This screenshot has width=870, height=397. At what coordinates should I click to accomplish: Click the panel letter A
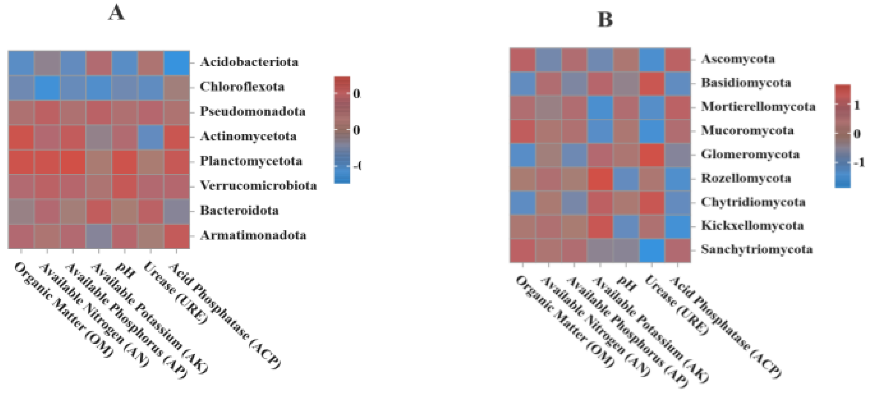(116, 13)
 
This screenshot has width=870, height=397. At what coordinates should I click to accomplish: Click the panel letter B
(605, 19)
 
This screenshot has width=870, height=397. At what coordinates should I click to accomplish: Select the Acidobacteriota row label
(249, 62)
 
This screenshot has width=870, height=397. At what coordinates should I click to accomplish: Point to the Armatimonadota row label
(253, 235)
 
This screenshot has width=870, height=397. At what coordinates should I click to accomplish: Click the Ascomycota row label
(737, 59)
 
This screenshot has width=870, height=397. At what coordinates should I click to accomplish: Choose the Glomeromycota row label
(750, 154)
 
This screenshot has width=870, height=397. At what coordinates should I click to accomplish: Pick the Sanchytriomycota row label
(756, 249)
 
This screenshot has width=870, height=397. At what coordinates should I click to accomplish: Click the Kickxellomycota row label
(752, 225)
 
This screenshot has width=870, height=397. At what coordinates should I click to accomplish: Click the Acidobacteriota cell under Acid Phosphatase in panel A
(176, 63)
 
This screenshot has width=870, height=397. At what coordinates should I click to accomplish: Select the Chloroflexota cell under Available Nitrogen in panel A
(47, 87)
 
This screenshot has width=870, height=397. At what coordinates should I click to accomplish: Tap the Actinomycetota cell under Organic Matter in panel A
(21, 137)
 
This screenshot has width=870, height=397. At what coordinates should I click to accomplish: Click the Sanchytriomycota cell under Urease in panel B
(652, 250)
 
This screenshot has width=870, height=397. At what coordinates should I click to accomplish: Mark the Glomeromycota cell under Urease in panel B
(652, 155)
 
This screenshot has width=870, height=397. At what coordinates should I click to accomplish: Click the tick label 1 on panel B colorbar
(856, 105)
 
